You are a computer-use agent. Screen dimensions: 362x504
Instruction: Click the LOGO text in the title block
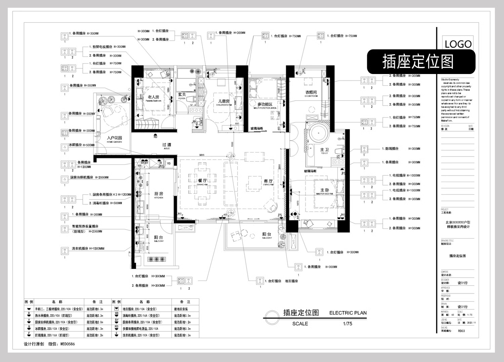pos(458,44)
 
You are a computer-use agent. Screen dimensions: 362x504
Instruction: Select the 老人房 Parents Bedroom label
pos(154,98)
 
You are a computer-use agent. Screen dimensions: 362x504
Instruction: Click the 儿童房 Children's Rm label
pos(224,102)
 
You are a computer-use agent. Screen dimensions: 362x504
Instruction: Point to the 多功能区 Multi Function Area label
pos(265,106)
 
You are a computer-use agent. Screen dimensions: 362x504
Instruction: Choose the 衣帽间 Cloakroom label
pos(311,93)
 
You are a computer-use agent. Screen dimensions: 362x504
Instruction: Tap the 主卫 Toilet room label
pos(324,151)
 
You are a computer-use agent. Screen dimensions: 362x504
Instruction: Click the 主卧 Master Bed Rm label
pos(325,191)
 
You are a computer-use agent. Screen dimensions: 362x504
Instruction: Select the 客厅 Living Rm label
pos(268,182)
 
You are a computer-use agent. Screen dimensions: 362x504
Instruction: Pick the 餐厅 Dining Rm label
pos(202,182)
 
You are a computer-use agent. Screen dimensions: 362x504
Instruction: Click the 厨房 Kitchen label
pos(159,195)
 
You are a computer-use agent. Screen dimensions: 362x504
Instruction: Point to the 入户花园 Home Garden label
pos(114,139)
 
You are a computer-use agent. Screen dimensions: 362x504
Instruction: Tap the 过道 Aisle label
pos(167,146)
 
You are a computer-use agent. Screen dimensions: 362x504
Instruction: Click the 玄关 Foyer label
pos(182,96)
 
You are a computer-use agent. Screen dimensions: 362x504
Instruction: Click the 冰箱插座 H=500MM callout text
pos(82,145)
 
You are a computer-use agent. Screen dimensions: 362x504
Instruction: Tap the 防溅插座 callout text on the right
pos(392,149)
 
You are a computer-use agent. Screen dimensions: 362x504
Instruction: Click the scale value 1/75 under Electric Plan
pos(347,324)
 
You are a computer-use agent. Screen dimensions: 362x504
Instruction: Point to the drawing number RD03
pos(461,331)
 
